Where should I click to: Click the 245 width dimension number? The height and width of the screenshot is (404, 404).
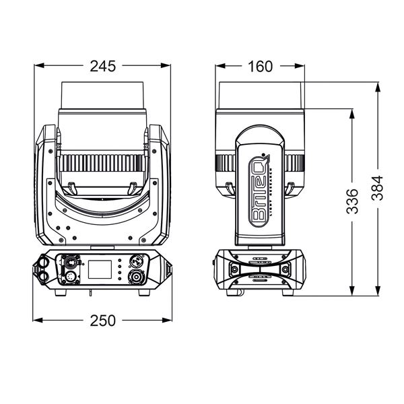tap(102, 65)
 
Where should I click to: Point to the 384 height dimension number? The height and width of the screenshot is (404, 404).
tap(378, 188)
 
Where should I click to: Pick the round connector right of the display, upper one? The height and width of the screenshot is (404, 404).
tap(135, 260)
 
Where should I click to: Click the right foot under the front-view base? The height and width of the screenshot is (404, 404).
tap(151, 292)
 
